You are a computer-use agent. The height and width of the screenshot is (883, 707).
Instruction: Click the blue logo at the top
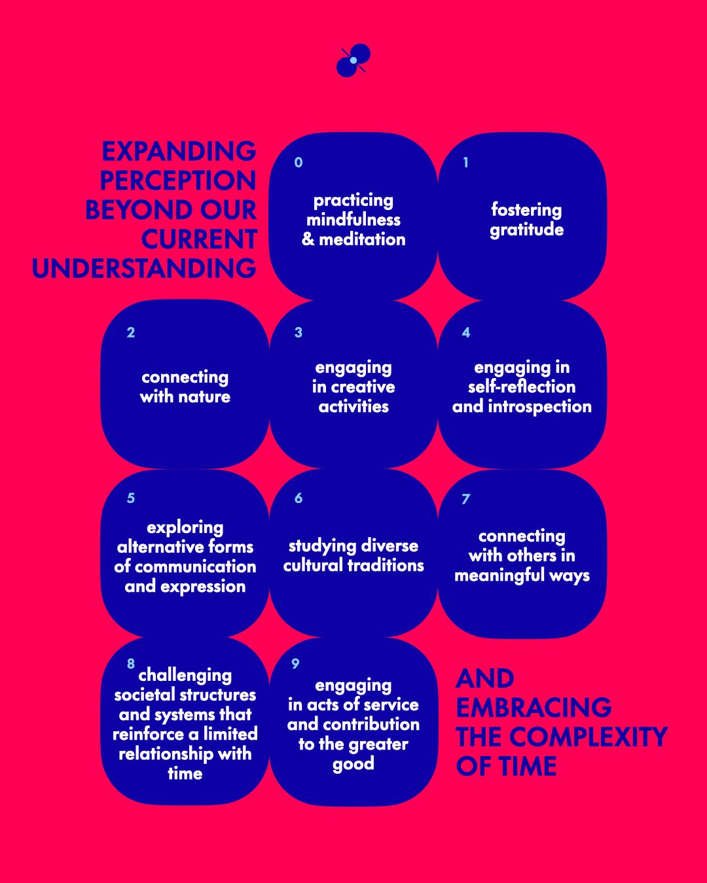[353, 60]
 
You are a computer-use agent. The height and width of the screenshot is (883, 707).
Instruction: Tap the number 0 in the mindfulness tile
[299, 162]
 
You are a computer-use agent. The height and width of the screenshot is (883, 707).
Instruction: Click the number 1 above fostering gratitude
[465, 162]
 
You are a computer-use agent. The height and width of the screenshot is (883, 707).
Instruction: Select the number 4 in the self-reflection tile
[465, 332]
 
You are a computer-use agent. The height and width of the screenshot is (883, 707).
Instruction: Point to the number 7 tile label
[465, 499]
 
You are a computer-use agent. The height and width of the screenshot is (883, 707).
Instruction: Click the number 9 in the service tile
[295, 664]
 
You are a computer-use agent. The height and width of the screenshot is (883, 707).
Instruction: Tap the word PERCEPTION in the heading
[177, 181]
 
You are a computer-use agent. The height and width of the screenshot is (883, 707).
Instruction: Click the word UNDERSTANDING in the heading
[144, 268]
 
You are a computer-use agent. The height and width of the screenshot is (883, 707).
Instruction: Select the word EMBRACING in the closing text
[534, 708]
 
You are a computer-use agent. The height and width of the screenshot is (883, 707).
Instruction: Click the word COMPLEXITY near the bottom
[588, 737]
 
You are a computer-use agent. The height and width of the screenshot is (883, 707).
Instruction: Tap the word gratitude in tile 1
[526, 230]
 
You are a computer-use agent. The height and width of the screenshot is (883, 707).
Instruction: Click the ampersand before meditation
[308, 240]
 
